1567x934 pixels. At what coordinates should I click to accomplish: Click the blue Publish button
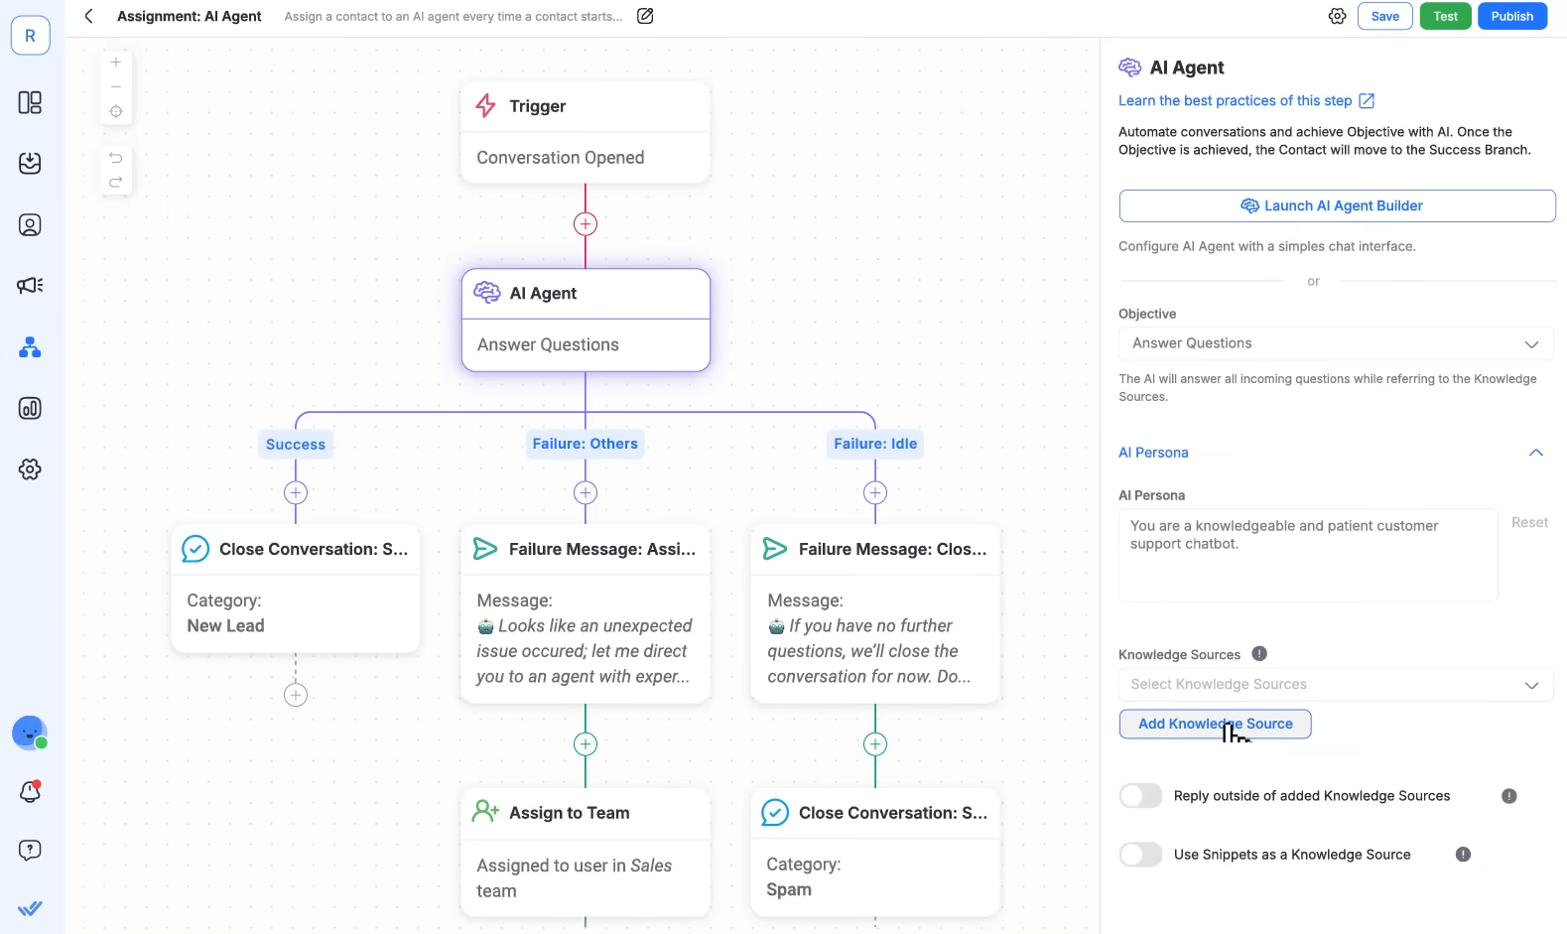click(x=1511, y=16)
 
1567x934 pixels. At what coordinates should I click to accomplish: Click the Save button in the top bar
click(x=1384, y=16)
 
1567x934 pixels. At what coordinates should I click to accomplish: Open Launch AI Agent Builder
click(x=1337, y=205)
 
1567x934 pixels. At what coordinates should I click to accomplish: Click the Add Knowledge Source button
click(x=1215, y=724)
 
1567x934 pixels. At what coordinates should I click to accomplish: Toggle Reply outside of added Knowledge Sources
click(x=1140, y=795)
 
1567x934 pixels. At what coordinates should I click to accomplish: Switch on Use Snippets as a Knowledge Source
click(x=1140, y=855)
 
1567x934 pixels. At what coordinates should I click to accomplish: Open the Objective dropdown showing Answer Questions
click(x=1336, y=343)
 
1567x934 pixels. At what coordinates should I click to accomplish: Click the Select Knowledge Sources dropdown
click(x=1336, y=684)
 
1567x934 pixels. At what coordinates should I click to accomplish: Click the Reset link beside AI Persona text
click(x=1529, y=523)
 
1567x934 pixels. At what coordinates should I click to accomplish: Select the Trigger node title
click(x=537, y=106)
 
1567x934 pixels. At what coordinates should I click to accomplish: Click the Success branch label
click(x=295, y=445)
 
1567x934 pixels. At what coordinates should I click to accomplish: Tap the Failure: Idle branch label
click(x=875, y=444)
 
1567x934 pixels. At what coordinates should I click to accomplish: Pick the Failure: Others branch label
click(x=585, y=444)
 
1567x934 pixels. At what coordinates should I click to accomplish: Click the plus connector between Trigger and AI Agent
click(x=586, y=224)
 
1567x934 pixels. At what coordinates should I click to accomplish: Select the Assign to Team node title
click(x=570, y=813)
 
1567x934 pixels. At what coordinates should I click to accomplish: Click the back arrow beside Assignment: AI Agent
click(x=89, y=16)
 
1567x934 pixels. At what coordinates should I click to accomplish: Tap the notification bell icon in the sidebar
click(x=30, y=791)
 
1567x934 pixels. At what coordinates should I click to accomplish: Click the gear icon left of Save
click(x=1337, y=16)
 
